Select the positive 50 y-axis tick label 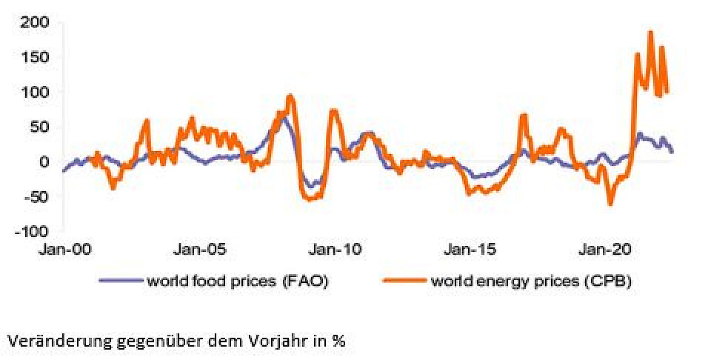[39, 127]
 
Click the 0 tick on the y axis [44, 161]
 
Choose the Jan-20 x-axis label [609, 250]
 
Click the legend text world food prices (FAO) [237, 281]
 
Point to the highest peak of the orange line [650, 33]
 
